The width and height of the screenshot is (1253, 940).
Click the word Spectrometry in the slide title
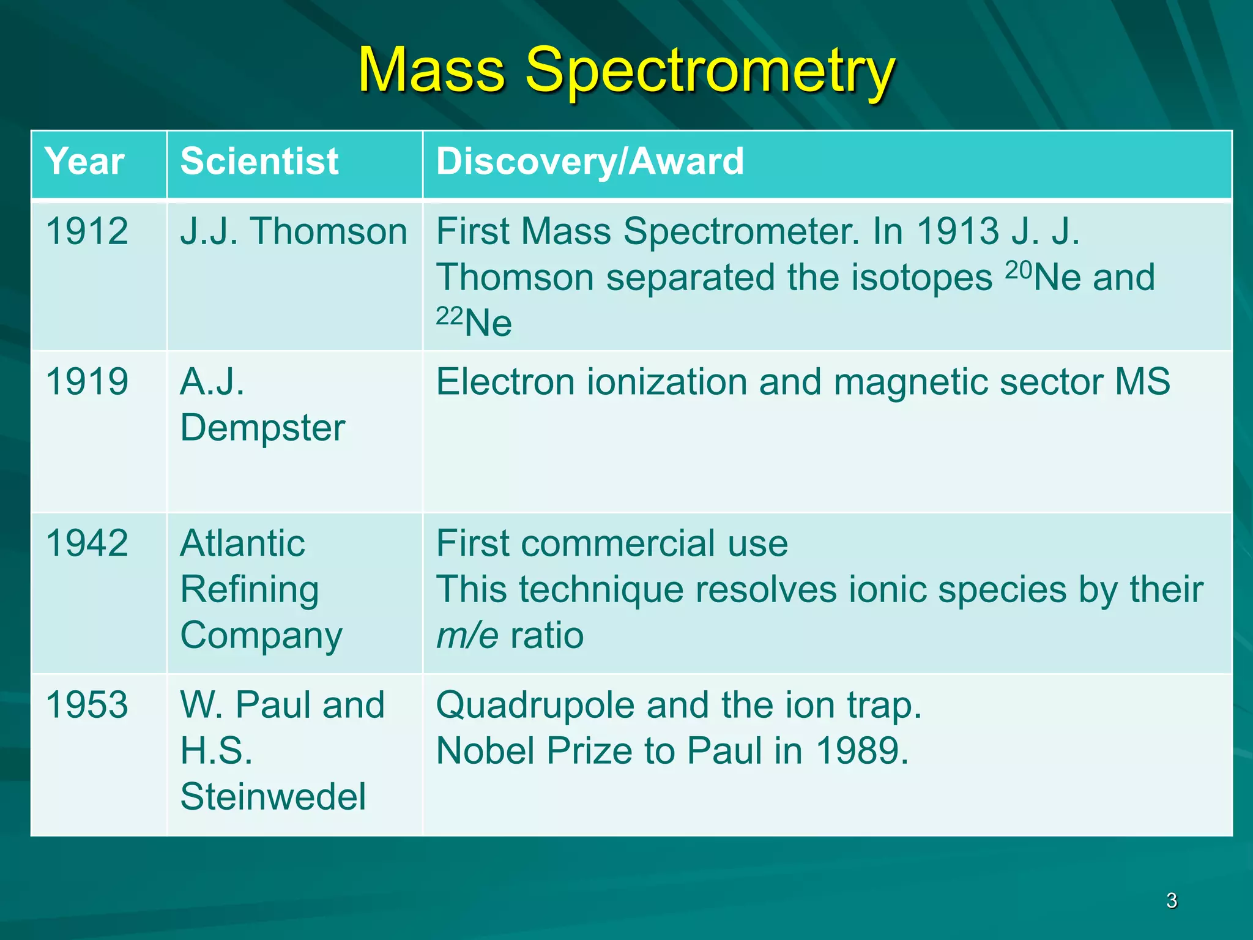click(710, 72)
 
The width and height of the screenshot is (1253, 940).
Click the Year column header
click(84, 162)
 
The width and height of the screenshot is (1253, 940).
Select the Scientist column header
click(259, 162)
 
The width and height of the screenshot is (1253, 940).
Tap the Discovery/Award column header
click(590, 162)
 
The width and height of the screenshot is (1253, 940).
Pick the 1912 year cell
click(87, 231)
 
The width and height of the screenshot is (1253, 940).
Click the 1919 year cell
click(87, 382)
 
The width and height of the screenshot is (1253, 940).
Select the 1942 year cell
click(87, 543)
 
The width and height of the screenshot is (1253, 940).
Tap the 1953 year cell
click(87, 705)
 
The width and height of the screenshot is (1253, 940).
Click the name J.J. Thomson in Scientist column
click(294, 231)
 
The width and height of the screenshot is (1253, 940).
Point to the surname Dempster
click(263, 428)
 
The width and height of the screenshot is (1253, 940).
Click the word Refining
click(250, 590)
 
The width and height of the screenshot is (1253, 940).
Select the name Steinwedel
click(273, 797)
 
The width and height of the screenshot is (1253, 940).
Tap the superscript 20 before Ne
click(1019, 269)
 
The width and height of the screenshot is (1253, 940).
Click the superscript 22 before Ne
click(449, 316)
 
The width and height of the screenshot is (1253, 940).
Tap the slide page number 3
click(1172, 901)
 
